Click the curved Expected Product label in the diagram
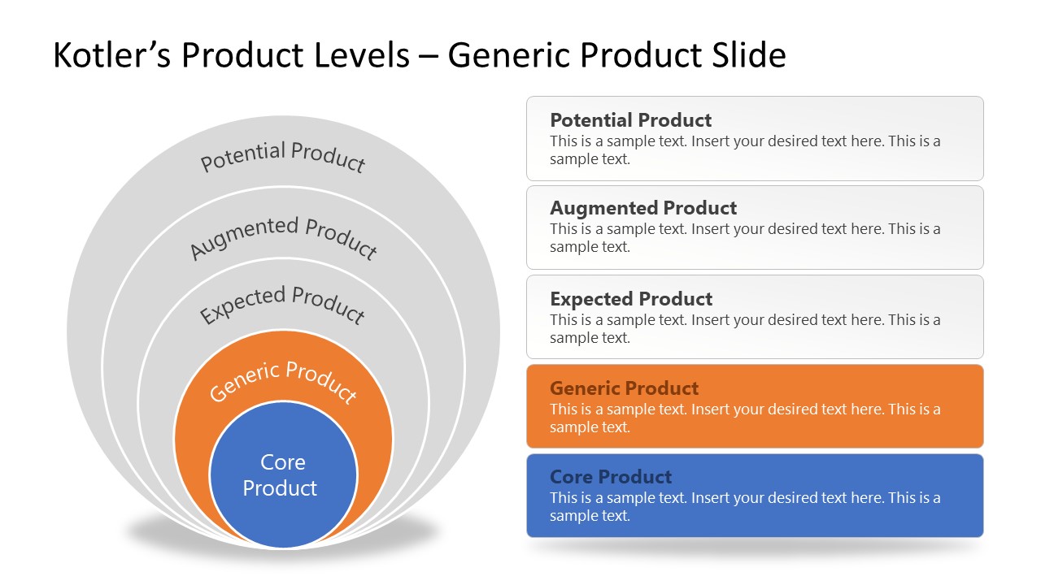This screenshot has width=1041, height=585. pos(282,303)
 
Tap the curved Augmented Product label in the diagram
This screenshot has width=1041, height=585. pos(283,236)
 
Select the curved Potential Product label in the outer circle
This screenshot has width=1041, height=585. pos(283,156)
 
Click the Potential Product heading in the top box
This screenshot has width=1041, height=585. pos(630,120)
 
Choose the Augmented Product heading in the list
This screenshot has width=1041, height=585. pos(643,208)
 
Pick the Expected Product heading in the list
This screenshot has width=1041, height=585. pos(631,299)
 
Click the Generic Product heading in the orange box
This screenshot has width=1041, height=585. pos(624,388)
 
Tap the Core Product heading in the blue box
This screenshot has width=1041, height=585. pos(611,477)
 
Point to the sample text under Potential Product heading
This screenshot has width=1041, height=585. pos(744,150)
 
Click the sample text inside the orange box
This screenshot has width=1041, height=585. pos(744,418)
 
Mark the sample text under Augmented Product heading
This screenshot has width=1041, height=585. pos(744,238)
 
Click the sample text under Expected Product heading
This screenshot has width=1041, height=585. pos(744,329)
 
